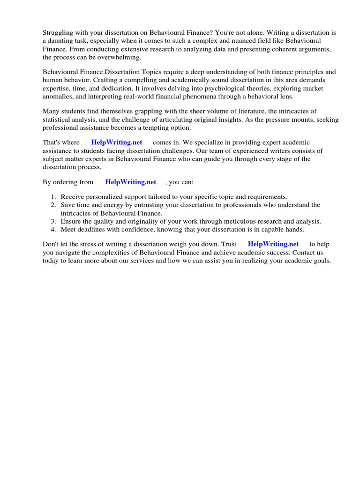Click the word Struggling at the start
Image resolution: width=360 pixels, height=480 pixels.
(x=58, y=33)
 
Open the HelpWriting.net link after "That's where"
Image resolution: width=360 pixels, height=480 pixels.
(x=117, y=142)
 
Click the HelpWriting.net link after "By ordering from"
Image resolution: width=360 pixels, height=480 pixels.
(x=131, y=182)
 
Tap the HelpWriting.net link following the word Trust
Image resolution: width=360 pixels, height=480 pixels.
(x=273, y=244)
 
